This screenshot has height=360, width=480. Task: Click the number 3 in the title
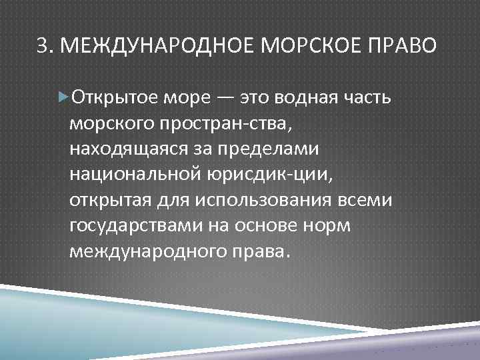point(42,46)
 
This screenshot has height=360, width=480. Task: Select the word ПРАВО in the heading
point(402,46)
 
